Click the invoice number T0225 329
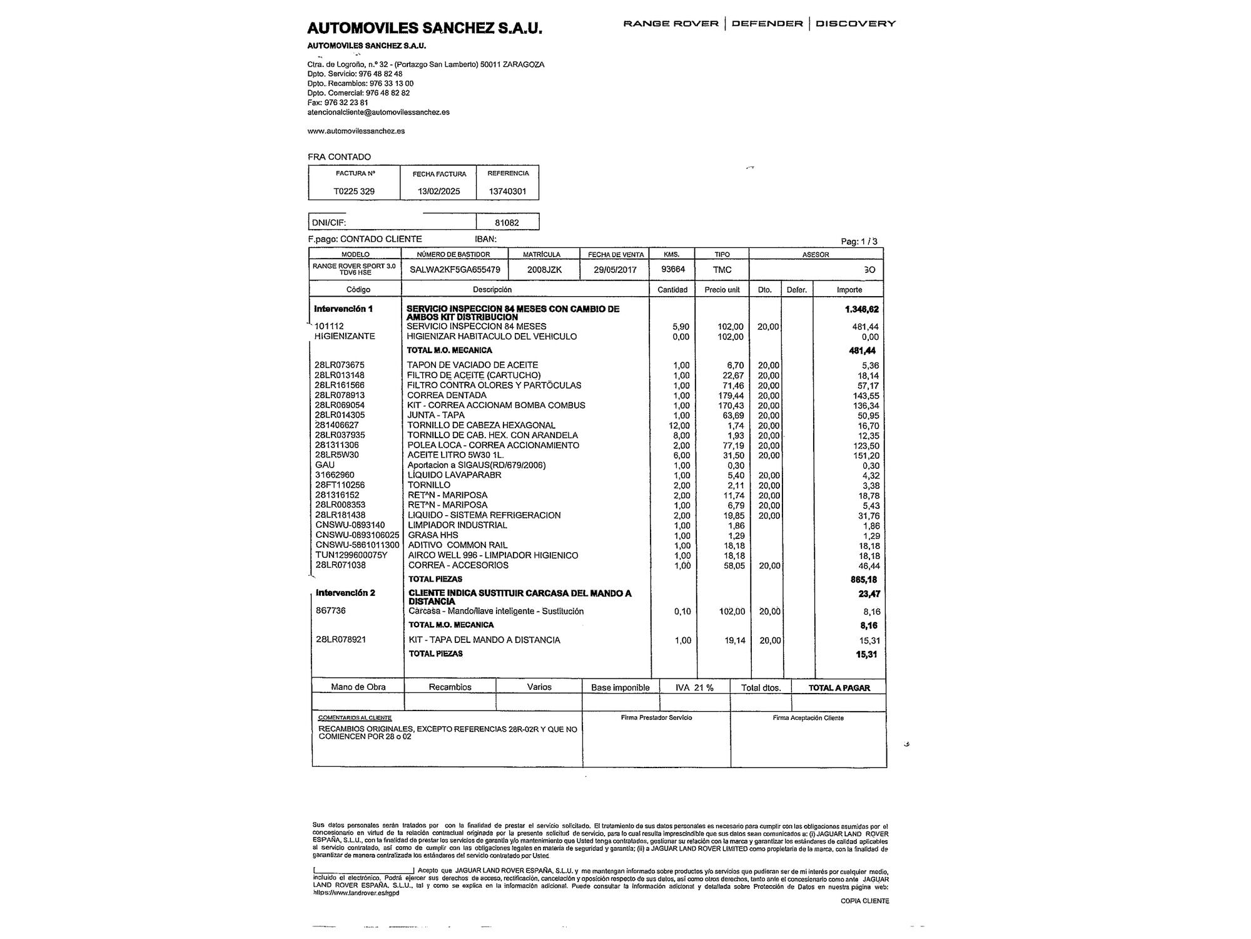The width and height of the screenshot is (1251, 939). (354, 191)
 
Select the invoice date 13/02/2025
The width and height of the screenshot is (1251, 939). (438, 191)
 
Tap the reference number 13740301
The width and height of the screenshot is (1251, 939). (507, 191)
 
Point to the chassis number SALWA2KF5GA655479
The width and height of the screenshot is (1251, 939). (455, 270)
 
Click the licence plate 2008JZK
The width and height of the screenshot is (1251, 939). (545, 270)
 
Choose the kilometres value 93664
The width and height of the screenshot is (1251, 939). (673, 269)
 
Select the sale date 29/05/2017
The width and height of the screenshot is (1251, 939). (615, 270)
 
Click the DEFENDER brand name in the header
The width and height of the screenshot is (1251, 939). (767, 24)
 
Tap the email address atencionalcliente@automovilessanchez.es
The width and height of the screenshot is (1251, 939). (378, 112)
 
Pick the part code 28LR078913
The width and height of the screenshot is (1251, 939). (340, 395)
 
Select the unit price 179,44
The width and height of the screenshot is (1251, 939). (731, 396)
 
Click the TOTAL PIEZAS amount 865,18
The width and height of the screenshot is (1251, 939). (863, 580)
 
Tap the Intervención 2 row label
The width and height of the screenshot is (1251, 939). (345, 593)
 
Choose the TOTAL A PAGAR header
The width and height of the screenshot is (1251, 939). (839, 687)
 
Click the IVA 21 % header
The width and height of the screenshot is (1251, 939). (694, 687)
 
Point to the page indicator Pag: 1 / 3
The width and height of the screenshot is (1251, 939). (859, 242)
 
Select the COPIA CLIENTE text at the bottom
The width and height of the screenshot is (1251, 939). (864, 901)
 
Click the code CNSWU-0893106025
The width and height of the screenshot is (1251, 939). (357, 535)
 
